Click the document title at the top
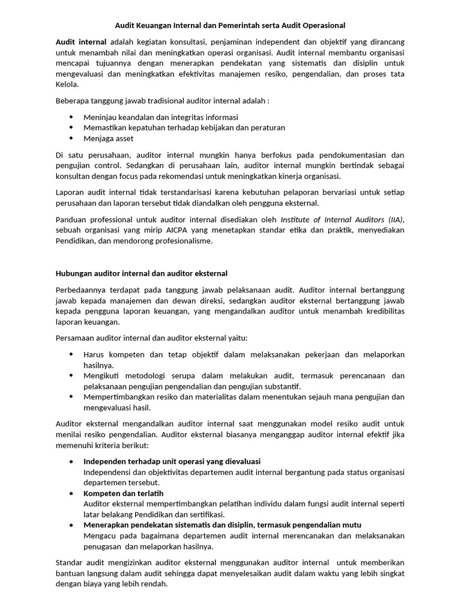click(230, 25)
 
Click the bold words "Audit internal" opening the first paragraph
click(81, 42)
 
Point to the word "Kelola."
click(67, 85)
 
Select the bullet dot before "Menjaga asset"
click(71, 138)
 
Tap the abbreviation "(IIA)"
click(394, 220)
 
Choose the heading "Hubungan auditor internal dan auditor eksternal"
click(142, 274)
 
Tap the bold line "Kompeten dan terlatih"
click(123, 493)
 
